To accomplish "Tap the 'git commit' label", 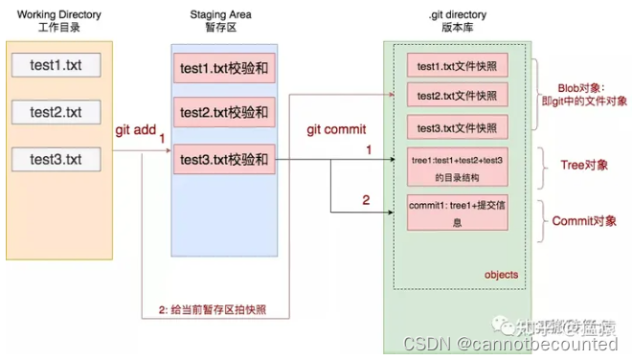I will click(x=335, y=129).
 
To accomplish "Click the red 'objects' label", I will click(x=499, y=275).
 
